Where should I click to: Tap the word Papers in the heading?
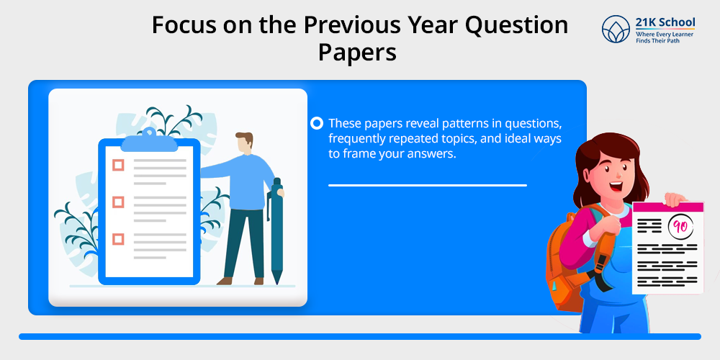pos(357,53)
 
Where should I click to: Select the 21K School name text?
pos(665,22)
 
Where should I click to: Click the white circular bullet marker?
pos(317,124)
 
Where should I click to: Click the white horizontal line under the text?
pos(428,186)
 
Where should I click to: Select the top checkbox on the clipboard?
pos(119,166)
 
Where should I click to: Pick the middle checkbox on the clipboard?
pos(119,202)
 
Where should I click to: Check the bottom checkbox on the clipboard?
pos(119,239)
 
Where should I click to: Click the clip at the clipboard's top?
pos(149,141)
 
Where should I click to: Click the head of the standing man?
pos(244,143)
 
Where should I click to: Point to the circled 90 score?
pos(680,227)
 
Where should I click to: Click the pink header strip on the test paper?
pos(668,207)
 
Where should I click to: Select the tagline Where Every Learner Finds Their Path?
pos(665,37)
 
